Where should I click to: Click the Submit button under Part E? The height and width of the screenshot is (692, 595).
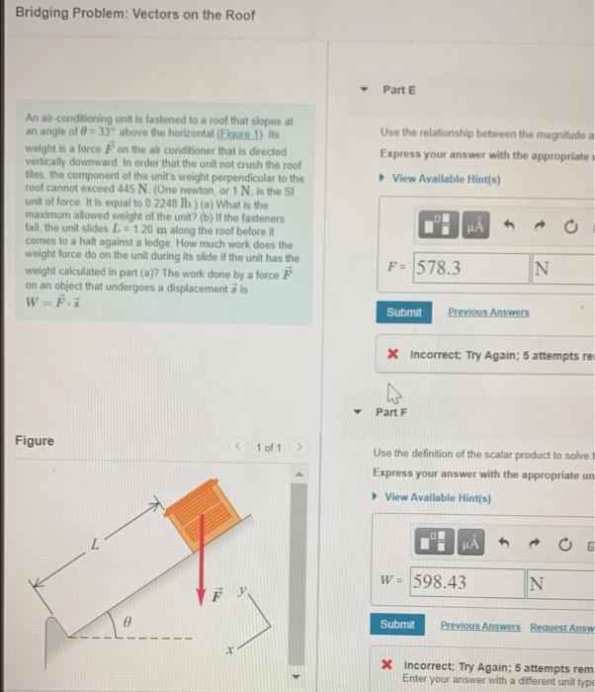point(403,312)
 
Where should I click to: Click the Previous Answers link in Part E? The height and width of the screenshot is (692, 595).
point(488,312)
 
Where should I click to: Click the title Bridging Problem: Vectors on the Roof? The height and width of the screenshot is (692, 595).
point(134,15)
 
